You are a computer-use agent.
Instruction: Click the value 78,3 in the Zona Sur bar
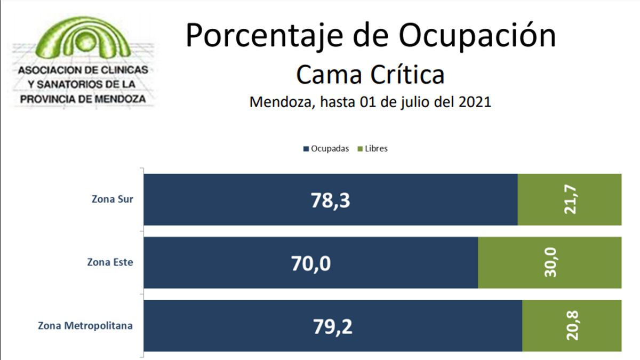click(x=332, y=200)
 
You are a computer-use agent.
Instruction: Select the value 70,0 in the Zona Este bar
click(x=311, y=263)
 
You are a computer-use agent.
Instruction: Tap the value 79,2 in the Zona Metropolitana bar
click(x=332, y=326)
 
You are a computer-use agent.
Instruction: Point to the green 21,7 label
click(x=570, y=200)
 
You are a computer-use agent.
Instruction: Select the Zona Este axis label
click(x=110, y=262)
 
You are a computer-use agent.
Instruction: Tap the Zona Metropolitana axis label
click(x=85, y=325)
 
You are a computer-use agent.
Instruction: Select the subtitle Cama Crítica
click(x=370, y=75)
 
